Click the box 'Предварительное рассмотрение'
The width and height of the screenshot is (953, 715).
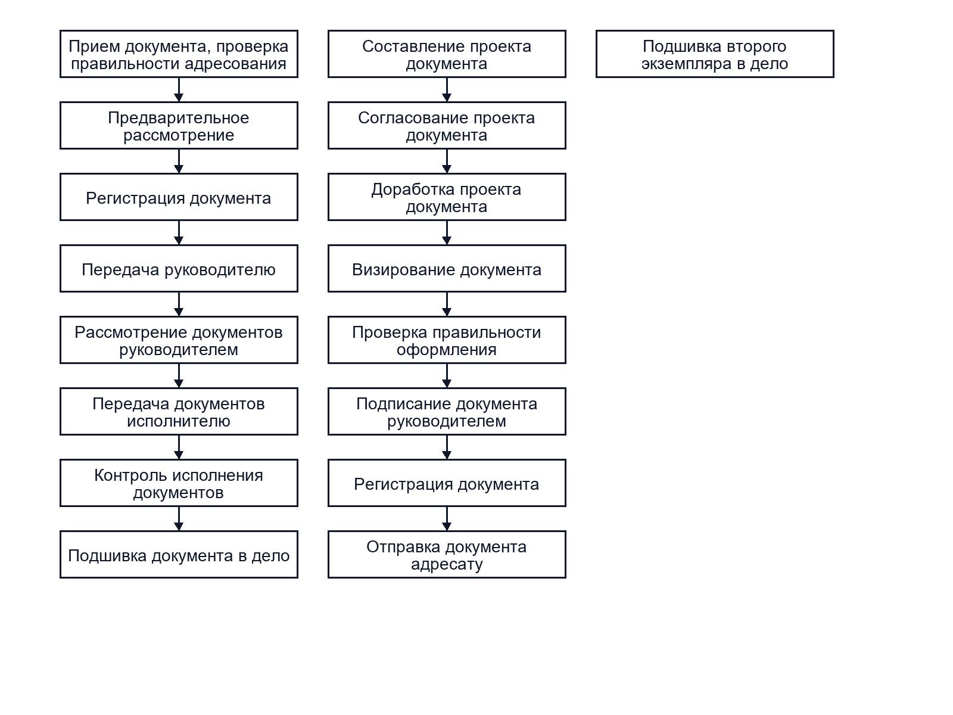tap(179, 126)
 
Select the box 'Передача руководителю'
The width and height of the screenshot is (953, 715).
tap(179, 268)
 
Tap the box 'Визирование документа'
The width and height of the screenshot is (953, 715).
tap(447, 268)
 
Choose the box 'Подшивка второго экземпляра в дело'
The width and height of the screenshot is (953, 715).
tap(715, 54)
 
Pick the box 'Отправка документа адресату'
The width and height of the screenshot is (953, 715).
tap(447, 554)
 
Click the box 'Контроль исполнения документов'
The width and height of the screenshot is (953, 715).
tap(179, 483)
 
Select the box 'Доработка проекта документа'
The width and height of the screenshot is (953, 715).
tap(447, 197)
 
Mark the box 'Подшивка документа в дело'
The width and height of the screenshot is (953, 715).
tap(179, 554)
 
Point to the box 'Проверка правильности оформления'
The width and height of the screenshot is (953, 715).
tap(447, 340)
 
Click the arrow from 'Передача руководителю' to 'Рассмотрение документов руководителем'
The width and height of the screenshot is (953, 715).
tap(179, 304)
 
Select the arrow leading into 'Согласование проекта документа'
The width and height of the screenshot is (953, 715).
tap(447, 89)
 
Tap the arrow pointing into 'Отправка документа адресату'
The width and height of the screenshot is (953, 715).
tap(447, 518)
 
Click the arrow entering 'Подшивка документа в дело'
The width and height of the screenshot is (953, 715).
tap(179, 518)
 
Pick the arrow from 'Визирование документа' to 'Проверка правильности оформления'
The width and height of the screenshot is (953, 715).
tap(447, 304)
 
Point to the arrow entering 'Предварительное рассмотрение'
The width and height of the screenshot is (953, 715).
tap(179, 89)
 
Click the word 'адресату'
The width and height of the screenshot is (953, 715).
tap(447, 564)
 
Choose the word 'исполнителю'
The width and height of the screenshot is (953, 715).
tap(179, 421)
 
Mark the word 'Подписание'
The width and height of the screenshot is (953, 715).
tap(404, 404)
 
